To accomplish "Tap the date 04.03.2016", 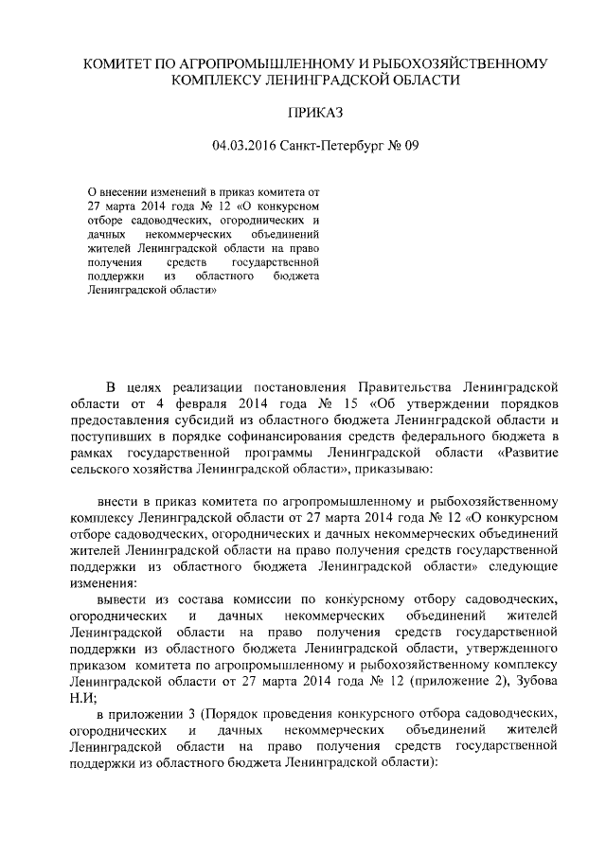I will click(241, 146).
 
